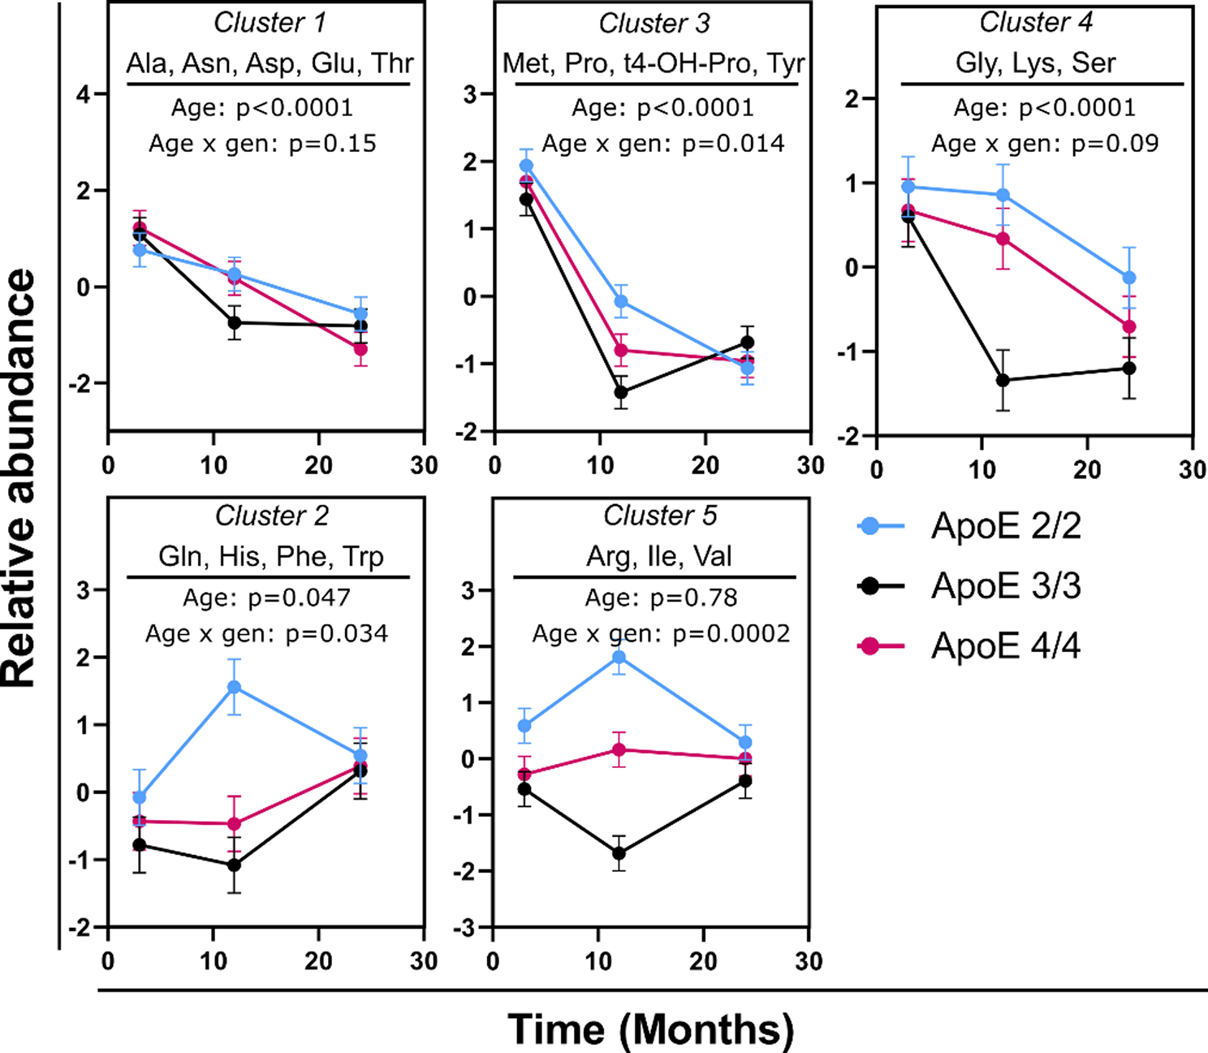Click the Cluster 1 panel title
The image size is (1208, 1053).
[x=270, y=23]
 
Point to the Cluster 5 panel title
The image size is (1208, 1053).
[x=659, y=516]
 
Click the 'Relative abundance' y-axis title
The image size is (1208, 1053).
[x=19, y=479]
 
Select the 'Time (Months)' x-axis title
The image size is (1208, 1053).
[x=651, y=1029]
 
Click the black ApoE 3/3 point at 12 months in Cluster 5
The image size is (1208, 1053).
[x=619, y=853]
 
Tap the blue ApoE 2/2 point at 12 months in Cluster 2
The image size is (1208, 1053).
[x=234, y=688]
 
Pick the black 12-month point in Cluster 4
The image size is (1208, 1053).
[x=1003, y=380]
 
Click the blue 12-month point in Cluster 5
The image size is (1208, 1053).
[x=619, y=658]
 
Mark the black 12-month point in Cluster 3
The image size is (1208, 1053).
[x=621, y=392]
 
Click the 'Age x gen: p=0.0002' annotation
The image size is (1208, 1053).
[x=661, y=633]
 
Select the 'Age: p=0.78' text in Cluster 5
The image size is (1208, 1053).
[x=661, y=598]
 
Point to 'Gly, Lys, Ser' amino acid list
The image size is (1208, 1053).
[x=1035, y=63]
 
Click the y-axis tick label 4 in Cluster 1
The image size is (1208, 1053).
[x=82, y=94]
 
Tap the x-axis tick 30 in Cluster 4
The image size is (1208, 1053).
[x=1192, y=469]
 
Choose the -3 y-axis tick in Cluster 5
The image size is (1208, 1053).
[x=468, y=928]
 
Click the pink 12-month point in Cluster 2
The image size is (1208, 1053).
[x=234, y=824]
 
